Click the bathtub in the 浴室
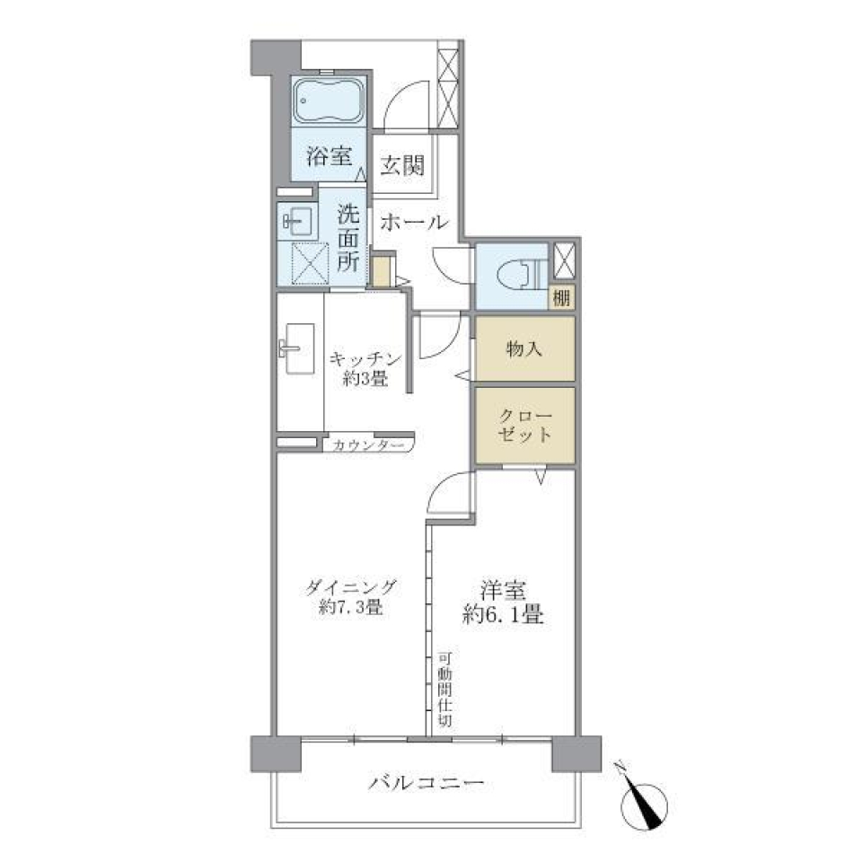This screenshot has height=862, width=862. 328,102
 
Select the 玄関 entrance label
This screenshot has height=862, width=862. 401,166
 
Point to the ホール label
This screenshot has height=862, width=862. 413,223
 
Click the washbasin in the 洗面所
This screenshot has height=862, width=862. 295,220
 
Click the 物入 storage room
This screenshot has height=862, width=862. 524,348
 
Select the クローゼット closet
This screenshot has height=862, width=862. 524,425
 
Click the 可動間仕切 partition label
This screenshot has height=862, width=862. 445,689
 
